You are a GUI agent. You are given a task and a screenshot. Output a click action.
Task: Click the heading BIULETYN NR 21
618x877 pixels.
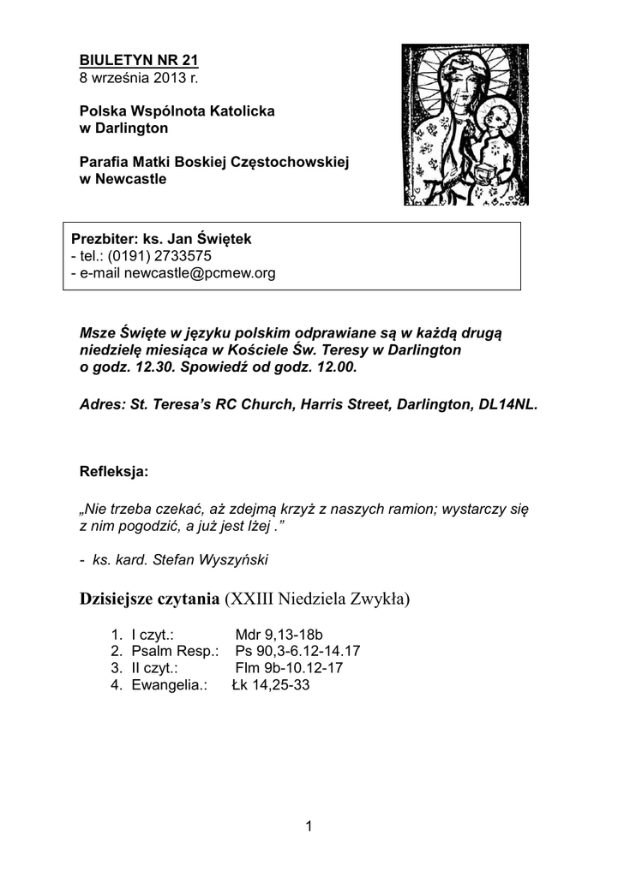(x=138, y=61)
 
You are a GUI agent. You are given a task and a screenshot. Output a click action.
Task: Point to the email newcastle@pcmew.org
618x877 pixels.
(x=200, y=273)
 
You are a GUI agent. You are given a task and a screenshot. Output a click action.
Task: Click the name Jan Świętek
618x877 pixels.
(x=210, y=239)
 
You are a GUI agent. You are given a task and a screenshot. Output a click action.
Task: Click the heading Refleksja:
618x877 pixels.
(x=113, y=471)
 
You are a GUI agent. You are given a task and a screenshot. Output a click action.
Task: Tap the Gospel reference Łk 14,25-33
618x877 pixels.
(x=270, y=685)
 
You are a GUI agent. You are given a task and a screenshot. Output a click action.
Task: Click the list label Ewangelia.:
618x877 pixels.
(x=169, y=685)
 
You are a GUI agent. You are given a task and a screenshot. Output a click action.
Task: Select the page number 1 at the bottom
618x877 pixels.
(x=309, y=825)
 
